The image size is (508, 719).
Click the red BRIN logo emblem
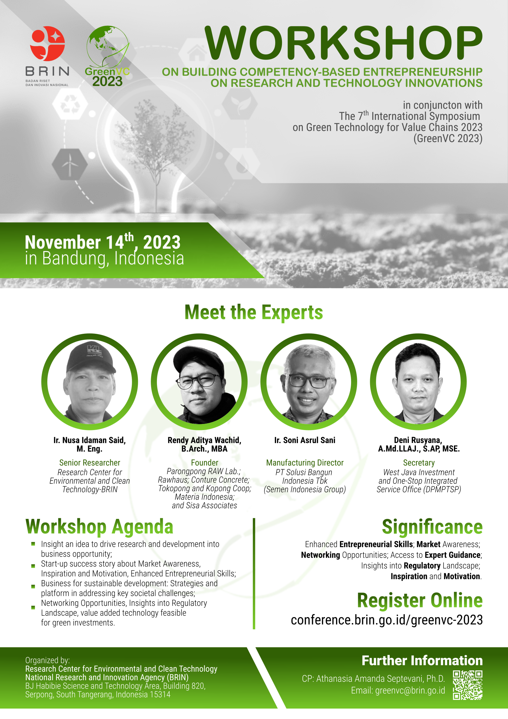48,44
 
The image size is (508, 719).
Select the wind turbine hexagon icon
69,164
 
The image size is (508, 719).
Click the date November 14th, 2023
103,242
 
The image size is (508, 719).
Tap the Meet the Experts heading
254,312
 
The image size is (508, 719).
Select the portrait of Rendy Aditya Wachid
199,382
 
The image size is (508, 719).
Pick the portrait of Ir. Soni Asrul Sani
309,382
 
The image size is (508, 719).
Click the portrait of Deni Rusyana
418,382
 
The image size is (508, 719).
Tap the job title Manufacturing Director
305,463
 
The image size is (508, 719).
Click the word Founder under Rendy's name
205,463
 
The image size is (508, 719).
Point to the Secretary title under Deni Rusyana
419,463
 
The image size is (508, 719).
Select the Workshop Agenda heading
99,527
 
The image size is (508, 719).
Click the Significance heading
432,527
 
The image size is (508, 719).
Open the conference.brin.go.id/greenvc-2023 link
387,620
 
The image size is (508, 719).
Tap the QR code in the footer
468,685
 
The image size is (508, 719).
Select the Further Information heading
422,660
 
